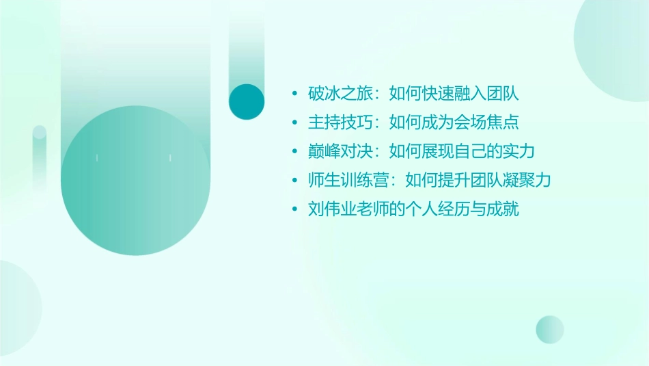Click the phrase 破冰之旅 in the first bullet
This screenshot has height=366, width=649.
[x=341, y=94]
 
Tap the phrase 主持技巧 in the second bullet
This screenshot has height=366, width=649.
[x=341, y=122]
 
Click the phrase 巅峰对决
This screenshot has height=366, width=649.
[x=341, y=151]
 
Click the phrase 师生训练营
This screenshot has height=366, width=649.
[x=349, y=181]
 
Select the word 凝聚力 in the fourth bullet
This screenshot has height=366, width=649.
[x=527, y=181]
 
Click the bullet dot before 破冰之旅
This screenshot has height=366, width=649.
[x=294, y=94]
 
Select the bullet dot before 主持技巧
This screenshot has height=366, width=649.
[x=294, y=123]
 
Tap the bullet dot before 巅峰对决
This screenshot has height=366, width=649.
[x=294, y=152]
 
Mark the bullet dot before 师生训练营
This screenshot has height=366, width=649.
[x=294, y=181]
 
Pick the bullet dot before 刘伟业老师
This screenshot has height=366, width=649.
[x=294, y=210]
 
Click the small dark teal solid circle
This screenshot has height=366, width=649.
[x=247, y=101]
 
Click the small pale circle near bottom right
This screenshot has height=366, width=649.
[x=550, y=329]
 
